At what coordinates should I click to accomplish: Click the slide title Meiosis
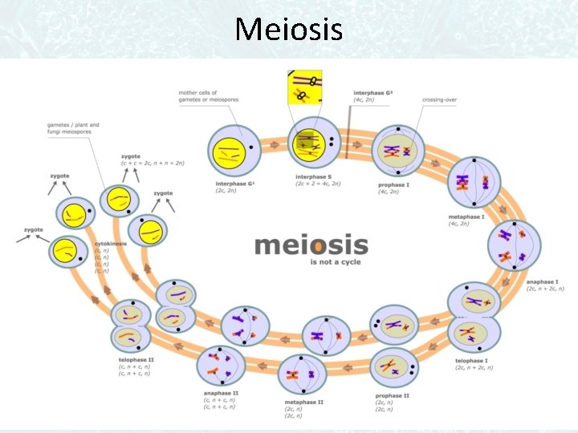pos(289,30)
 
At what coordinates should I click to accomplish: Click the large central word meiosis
pos(311,245)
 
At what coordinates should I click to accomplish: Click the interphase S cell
pos(307,147)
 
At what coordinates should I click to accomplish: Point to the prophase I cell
pos(398,150)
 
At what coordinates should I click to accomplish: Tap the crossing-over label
pos(440,100)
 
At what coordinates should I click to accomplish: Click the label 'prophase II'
pos(393,395)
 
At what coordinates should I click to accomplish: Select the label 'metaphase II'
pos(304,402)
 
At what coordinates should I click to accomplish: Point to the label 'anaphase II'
pos(222,393)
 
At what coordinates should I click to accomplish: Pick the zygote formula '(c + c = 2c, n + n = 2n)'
pos(153,163)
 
